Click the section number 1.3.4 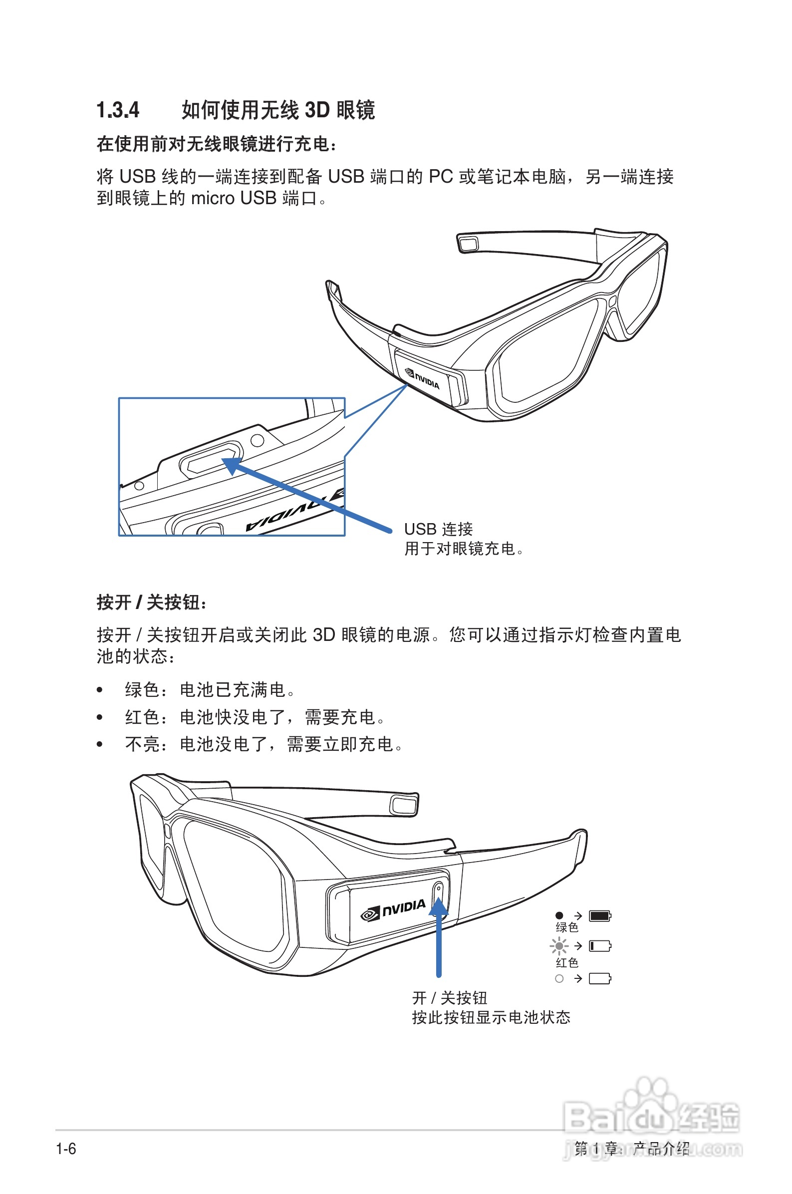(118, 110)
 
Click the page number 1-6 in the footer (66, 1149)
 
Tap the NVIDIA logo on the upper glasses (423, 379)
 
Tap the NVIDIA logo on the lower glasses (393, 909)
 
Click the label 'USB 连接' (439, 529)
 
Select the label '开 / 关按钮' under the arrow (449, 998)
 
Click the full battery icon (600, 915)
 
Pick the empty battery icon (600, 979)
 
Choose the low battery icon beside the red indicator (600, 945)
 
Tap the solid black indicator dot (559, 915)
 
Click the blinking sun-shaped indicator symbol (559, 945)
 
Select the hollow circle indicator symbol (559, 979)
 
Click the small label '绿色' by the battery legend (567, 927)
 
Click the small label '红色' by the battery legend (567, 963)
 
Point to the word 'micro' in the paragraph (213, 199)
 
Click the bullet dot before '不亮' (99, 744)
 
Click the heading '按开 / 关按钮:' (152, 602)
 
